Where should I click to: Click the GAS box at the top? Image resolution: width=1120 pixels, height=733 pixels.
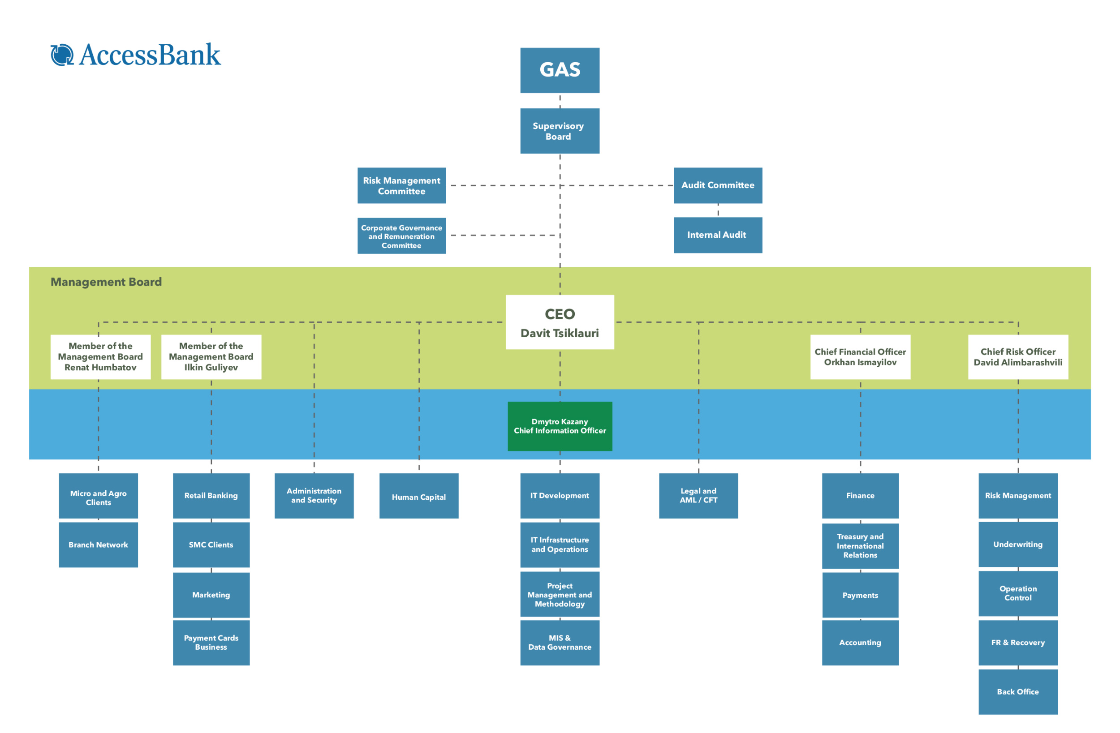point(560,70)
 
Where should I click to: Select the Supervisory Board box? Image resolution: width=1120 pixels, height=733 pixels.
point(560,131)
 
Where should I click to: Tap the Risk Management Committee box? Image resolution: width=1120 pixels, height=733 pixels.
point(401,185)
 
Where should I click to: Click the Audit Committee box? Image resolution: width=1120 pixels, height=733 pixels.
point(718,185)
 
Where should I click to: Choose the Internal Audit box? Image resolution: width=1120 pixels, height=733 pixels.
point(718,235)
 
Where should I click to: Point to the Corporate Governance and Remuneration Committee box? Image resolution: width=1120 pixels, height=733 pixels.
point(401,236)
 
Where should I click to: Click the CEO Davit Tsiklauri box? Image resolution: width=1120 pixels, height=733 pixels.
point(560,322)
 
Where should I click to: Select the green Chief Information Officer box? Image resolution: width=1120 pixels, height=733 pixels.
point(560,426)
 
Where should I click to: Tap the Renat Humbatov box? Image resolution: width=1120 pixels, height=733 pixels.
point(100,356)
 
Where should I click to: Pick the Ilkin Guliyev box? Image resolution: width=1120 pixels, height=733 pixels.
point(211,356)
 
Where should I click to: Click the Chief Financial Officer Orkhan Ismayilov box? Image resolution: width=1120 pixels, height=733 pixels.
point(860,356)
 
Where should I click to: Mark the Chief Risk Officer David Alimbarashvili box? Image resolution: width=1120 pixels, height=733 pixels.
point(1017,356)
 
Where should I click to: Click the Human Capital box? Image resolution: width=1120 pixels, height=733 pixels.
point(419,496)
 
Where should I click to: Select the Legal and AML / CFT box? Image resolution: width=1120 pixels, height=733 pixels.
point(698,496)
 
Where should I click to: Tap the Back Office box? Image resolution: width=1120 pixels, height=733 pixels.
point(1017,692)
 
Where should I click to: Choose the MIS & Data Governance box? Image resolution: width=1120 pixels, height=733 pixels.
point(560,642)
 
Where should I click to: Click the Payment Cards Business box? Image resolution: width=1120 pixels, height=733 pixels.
point(211,642)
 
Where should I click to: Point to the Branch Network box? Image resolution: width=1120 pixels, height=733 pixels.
point(99,544)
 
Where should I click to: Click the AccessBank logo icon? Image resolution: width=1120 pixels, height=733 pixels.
point(62,55)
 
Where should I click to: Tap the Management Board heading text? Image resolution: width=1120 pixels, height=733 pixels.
point(106,282)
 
